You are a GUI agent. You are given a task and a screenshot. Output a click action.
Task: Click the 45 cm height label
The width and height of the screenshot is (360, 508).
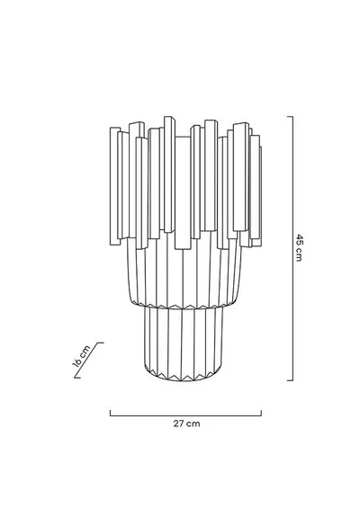[299, 247]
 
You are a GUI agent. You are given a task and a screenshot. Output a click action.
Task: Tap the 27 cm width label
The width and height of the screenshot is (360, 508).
[186, 423]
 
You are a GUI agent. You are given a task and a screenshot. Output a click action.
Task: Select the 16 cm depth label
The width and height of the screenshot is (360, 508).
[81, 356]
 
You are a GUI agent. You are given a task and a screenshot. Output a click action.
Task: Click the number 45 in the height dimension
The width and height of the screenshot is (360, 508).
[299, 238]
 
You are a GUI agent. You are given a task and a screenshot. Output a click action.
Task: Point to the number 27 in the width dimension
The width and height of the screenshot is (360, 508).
[178, 423]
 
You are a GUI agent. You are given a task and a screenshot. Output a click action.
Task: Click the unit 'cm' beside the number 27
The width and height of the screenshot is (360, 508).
[193, 423]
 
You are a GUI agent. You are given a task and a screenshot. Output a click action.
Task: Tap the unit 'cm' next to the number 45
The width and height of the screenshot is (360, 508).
[299, 254]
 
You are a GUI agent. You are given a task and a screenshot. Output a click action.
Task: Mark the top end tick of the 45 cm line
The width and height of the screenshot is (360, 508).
[291, 117]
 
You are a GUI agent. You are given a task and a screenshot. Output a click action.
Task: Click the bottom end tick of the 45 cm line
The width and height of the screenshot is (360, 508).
[291, 380]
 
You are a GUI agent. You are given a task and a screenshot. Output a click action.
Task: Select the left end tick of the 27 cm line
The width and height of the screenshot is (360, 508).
[111, 413]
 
